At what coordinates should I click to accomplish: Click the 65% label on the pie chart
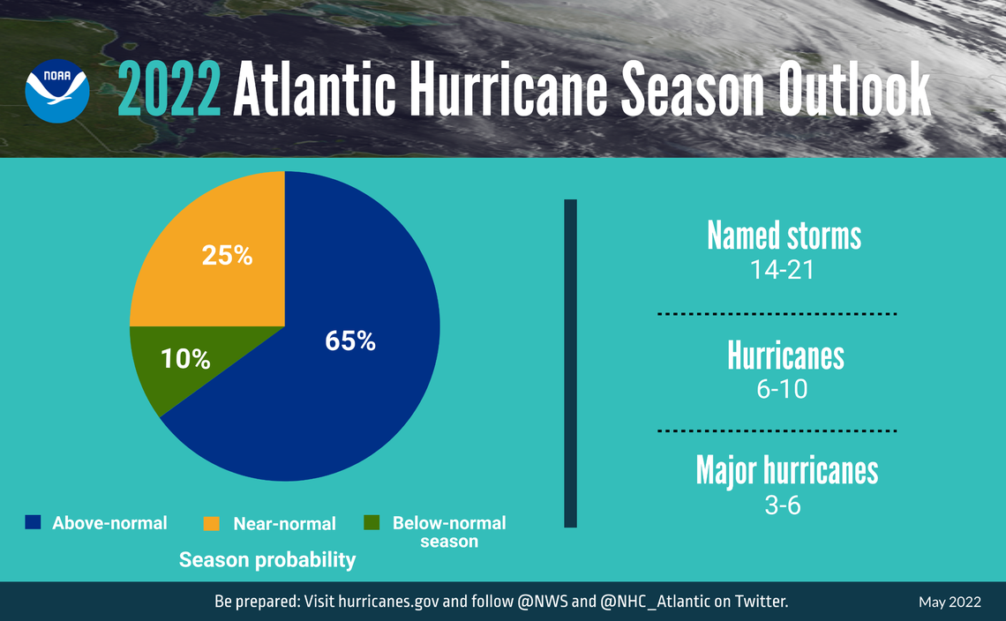pyautogui.click(x=350, y=341)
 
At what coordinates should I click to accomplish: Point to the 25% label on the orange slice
pyautogui.click(x=227, y=256)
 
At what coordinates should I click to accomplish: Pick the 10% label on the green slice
pyautogui.click(x=185, y=359)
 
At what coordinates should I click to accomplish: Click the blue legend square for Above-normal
pyautogui.click(x=34, y=523)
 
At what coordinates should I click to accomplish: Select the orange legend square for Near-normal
pyautogui.click(x=212, y=523)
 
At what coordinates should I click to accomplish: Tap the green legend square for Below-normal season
pyautogui.click(x=372, y=523)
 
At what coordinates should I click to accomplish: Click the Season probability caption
pyautogui.click(x=267, y=560)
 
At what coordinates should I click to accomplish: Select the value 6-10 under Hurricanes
pyautogui.click(x=781, y=389)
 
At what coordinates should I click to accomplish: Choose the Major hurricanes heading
pyautogui.click(x=786, y=470)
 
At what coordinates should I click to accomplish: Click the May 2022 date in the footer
pyautogui.click(x=949, y=602)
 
